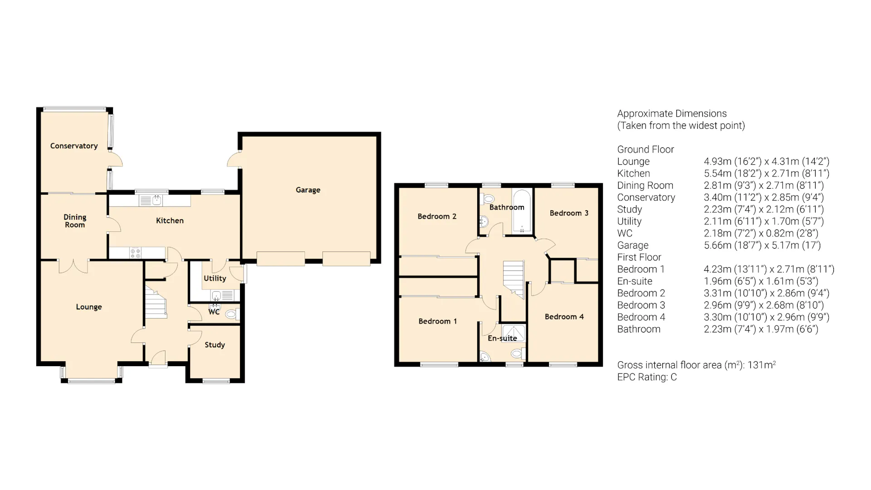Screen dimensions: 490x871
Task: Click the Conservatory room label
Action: pyautogui.click(x=74, y=146)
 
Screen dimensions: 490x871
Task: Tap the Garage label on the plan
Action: pyautogui.click(x=308, y=190)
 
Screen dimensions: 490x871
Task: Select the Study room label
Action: pyautogui.click(x=215, y=345)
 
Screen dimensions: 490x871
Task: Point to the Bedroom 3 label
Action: pyautogui.click(x=569, y=213)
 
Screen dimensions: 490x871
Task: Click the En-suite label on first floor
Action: pyautogui.click(x=502, y=338)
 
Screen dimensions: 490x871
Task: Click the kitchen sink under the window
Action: pyautogui.click(x=151, y=201)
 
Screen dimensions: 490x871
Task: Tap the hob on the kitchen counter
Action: pyautogui.click(x=136, y=253)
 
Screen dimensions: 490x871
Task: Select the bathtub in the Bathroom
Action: pyautogui.click(x=522, y=211)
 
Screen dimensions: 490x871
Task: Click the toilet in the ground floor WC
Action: pyautogui.click(x=232, y=314)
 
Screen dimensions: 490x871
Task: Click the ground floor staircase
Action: pyautogui.click(x=156, y=303)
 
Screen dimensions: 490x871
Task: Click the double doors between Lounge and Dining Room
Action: pyautogui.click(x=73, y=265)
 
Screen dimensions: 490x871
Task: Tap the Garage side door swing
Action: pyautogui.click(x=235, y=160)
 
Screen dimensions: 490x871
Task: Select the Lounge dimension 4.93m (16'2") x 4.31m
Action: pyautogui.click(x=766, y=162)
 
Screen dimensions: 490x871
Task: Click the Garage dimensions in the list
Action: pyautogui.click(x=762, y=245)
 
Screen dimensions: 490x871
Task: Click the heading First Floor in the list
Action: pyautogui.click(x=639, y=257)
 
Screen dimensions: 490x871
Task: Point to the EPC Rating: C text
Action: pyautogui.click(x=646, y=377)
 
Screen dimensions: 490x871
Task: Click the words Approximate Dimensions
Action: pyautogui.click(x=671, y=113)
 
